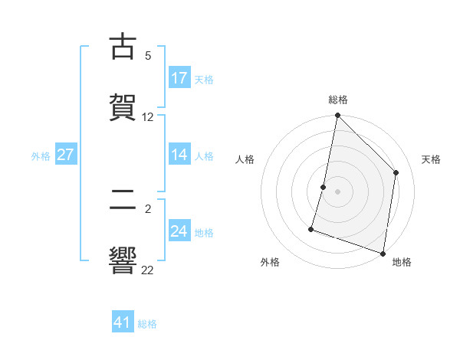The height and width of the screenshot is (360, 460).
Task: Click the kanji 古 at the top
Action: point(123,47)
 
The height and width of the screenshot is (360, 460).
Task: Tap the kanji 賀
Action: point(123,108)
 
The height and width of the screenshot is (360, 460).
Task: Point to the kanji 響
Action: point(123,260)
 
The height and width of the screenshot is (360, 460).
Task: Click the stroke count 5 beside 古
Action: point(148,56)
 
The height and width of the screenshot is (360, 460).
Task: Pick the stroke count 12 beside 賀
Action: point(148,117)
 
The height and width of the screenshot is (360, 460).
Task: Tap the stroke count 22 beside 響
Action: point(148,270)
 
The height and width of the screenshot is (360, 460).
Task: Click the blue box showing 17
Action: point(179,78)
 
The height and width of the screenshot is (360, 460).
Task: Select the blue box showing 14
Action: point(179,155)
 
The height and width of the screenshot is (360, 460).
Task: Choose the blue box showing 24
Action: point(179,231)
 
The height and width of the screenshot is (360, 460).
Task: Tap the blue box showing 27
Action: point(66,155)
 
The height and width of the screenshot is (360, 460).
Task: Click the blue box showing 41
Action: point(123,322)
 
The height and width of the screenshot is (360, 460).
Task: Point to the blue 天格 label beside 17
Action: point(204,79)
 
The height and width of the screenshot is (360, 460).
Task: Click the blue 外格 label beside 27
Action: point(41,155)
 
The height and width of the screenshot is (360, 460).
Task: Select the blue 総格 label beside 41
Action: point(147,323)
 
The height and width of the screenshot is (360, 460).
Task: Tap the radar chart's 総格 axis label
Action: point(338,100)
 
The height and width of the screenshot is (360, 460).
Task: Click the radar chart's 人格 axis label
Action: point(245,159)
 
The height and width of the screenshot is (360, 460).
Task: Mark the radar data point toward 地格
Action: point(383,253)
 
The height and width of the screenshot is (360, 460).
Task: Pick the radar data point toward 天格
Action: point(396,172)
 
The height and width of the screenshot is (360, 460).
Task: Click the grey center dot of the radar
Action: point(338,191)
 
